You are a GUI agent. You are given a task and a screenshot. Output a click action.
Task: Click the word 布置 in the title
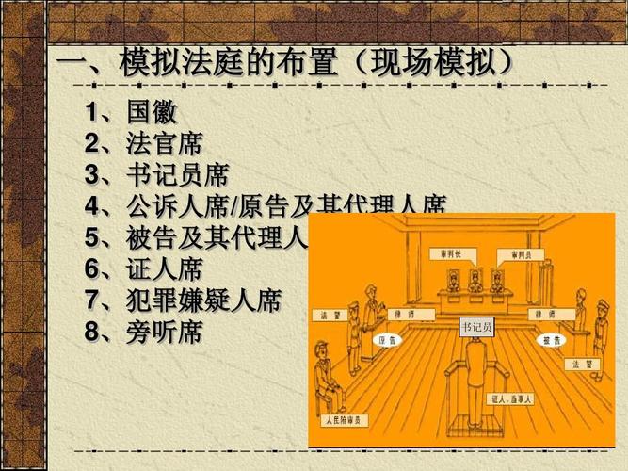(x=294, y=63)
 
